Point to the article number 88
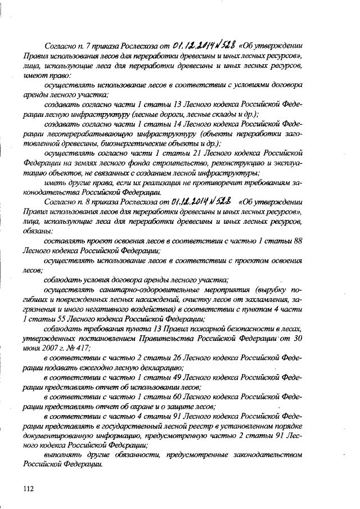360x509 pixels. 299,241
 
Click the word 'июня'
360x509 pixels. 33,348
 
